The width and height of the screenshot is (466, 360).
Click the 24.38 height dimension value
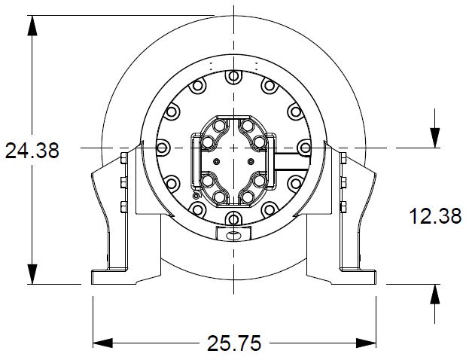tap(32, 151)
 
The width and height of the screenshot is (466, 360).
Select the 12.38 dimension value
tap(435, 216)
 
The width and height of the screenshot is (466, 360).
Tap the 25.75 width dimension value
tap(234, 343)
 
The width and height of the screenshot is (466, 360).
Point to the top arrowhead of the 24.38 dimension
tap(32, 26)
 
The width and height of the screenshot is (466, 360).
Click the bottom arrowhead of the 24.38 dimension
tap(32, 274)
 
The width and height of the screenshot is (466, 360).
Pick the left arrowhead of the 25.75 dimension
tap(103, 343)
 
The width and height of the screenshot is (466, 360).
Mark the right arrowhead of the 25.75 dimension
tap(366, 343)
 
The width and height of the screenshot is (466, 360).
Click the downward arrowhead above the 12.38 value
tap(435, 138)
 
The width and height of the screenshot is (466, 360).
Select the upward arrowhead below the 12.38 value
tap(435, 294)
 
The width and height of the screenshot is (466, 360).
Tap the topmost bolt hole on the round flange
tap(233, 76)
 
